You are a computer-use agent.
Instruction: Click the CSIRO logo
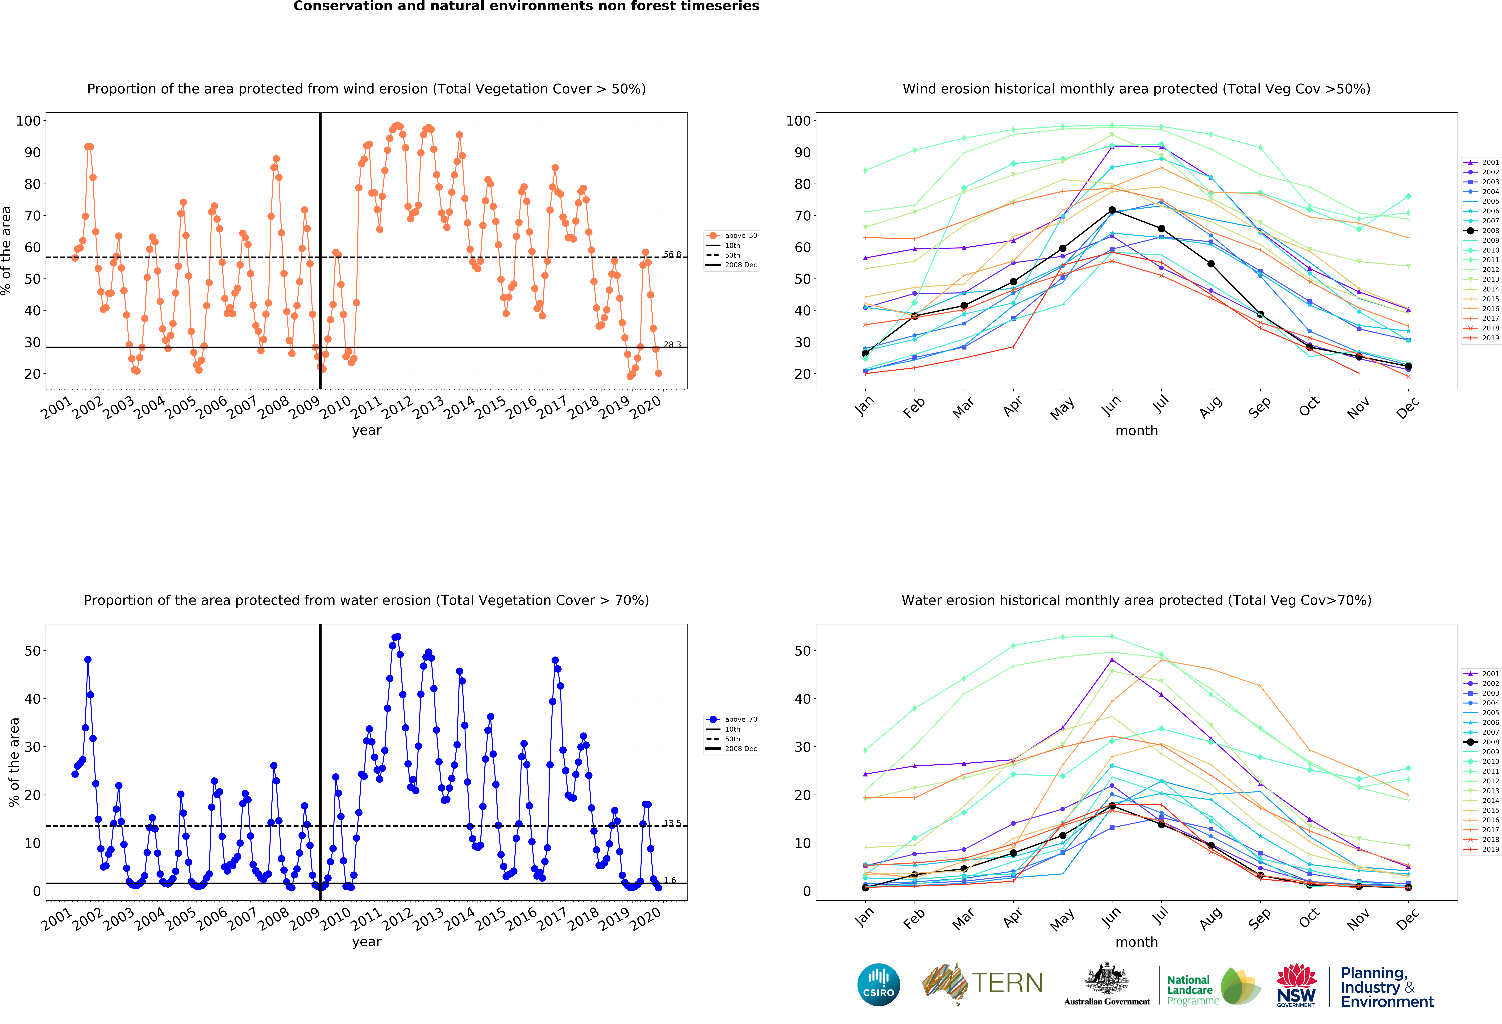tap(878, 985)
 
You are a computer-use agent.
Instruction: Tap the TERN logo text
tap(1007, 983)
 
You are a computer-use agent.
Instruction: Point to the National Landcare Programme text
tap(1192, 990)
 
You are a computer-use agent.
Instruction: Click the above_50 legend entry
tap(732, 235)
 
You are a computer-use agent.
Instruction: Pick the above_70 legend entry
tap(732, 719)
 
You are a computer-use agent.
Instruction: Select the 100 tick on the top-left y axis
tap(28, 121)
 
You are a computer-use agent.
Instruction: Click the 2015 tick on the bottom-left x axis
tap(491, 919)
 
